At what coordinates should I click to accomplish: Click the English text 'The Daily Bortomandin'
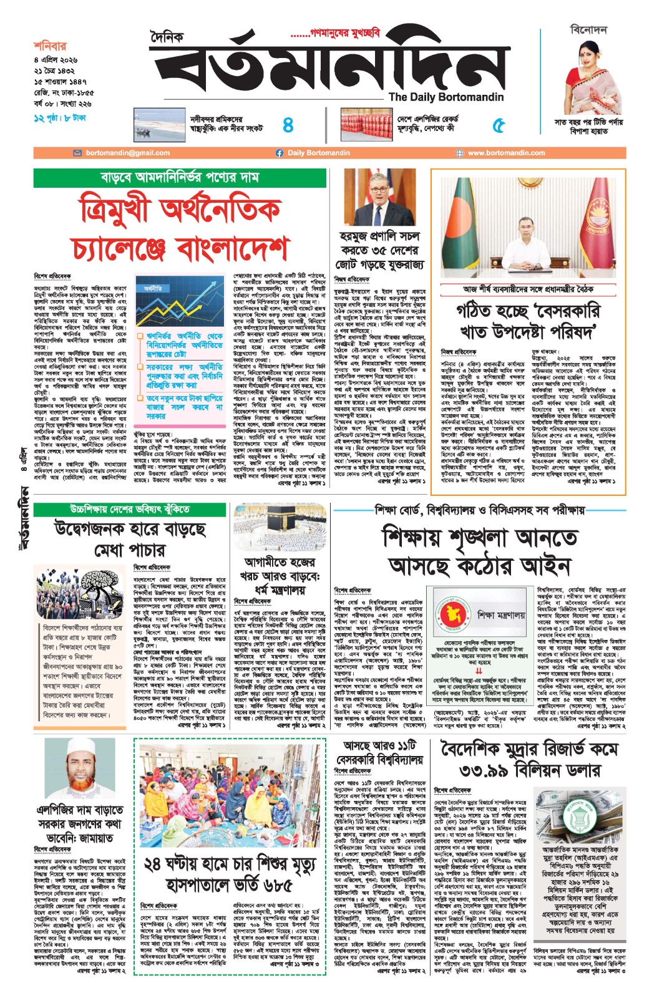[x=445, y=97]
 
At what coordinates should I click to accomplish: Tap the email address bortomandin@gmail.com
[x=127, y=153]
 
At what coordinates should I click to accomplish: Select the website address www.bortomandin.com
[x=506, y=153]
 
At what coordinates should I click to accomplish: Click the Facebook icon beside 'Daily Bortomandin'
[x=280, y=153]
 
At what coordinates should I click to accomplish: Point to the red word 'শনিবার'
[x=50, y=46]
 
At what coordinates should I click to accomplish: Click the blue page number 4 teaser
[x=288, y=125]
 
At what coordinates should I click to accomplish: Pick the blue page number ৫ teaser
[x=498, y=125]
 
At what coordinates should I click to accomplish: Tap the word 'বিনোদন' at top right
[x=588, y=30]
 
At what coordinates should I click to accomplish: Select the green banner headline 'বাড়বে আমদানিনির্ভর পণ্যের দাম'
[x=180, y=178]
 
